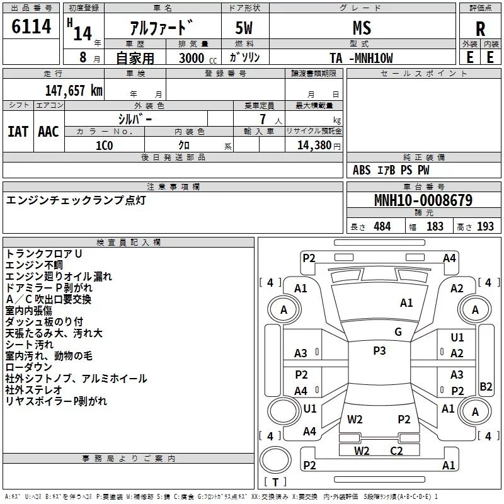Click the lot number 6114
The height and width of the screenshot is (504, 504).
(31, 26)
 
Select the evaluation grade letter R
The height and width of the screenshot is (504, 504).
(480, 28)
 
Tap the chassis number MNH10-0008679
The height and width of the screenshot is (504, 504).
(423, 200)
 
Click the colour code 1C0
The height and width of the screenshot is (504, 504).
(104, 144)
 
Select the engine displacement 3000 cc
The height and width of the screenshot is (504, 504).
(193, 58)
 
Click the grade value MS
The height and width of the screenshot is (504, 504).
(362, 28)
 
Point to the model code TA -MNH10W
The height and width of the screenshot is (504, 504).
(362, 58)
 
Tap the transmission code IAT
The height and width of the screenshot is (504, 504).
(18, 131)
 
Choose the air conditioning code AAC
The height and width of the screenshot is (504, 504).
(48, 131)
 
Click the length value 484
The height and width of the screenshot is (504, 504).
(381, 226)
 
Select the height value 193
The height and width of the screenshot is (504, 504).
(485, 226)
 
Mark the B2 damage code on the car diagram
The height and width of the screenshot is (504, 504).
(486, 387)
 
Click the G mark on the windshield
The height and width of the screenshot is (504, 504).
(398, 332)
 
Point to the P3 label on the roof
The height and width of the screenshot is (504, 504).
(379, 351)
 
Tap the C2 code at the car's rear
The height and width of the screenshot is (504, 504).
(396, 450)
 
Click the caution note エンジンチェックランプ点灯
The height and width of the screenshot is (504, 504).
(76, 200)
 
